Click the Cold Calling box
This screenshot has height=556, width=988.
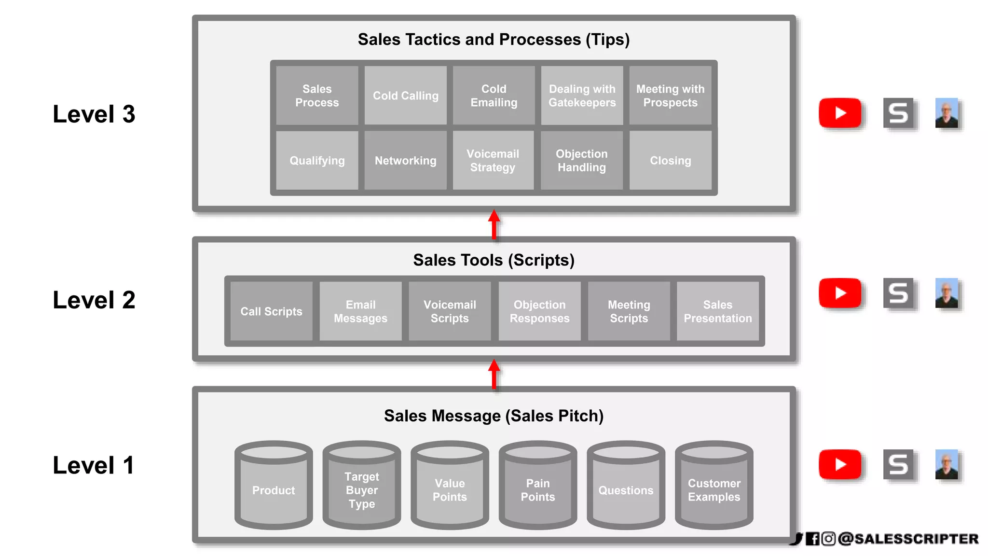coord(405,96)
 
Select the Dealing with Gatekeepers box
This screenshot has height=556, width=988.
coord(582,96)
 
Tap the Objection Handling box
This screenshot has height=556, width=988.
coord(582,161)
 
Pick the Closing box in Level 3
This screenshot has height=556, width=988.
coord(670,161)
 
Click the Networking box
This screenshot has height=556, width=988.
coord(405,161)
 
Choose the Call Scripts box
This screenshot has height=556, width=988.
coord(271,311)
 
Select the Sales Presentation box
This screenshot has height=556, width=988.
coord(717,311)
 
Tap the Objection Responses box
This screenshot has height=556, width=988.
coord(539,311)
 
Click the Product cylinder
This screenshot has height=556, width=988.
coord(274,487)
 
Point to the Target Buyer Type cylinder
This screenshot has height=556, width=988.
coord(362,487)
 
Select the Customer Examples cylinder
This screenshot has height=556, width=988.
coord(714,487)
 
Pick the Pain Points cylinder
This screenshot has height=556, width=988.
coord(538,487)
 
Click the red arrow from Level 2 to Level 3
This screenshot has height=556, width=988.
coord(494,224)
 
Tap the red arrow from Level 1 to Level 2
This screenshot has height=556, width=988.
coord(494,374)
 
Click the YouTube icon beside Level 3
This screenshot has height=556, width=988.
coord(840,113)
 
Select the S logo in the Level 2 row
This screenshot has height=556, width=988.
coord(898,293)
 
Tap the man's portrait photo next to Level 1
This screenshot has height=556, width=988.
coord(947,464)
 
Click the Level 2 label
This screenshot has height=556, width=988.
coord(94,300)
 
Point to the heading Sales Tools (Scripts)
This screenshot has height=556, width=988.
coord(494,260)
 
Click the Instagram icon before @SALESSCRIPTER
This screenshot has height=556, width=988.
coord(828,539)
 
